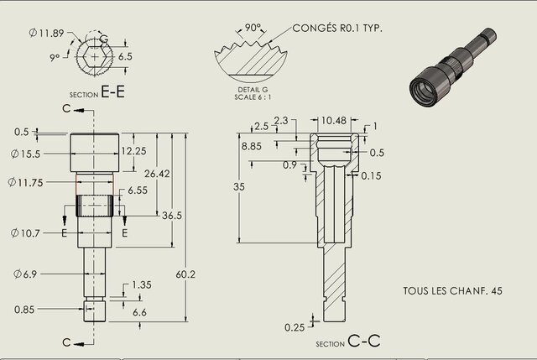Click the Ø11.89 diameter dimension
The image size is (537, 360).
[47, 33]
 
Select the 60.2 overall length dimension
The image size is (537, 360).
[185, 274]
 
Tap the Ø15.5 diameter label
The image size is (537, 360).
[26, 154]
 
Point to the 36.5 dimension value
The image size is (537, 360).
[172, 216]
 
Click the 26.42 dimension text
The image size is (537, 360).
[157, 174]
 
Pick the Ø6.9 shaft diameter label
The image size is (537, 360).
[25, 274]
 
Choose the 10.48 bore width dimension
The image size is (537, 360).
[334, 121]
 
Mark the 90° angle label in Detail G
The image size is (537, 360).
[253, 28]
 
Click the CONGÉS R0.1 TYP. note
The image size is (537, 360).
[337, 28]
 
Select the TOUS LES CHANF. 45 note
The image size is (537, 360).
[453, 291]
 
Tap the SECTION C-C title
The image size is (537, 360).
[348, 341]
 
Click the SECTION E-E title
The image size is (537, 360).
[97, 91]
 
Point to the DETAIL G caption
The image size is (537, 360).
[253, 90]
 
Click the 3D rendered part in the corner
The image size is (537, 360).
[453, 69]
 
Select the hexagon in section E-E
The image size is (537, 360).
[95, 56]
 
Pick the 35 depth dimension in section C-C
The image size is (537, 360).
[239, 186]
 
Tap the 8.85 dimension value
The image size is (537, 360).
[252, 146]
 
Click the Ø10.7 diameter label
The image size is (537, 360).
[25, 233]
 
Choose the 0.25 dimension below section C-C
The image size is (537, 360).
[295, 327]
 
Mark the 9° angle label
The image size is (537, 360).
[55, 58]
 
